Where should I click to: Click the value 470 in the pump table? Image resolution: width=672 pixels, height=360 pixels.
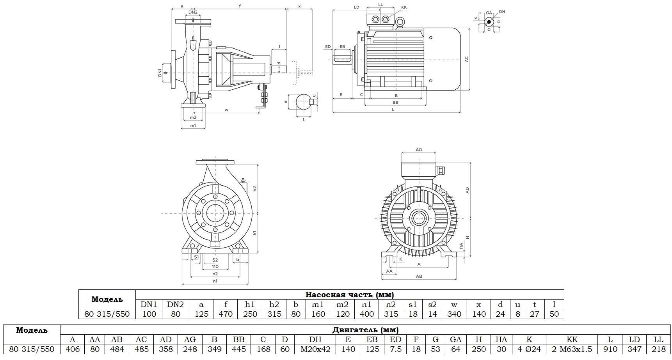point(226,314)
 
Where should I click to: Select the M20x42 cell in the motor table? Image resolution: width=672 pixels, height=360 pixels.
point(315,349)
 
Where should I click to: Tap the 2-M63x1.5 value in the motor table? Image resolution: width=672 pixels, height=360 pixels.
point(572,349)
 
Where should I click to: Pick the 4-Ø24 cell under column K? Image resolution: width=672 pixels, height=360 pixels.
point(529,349)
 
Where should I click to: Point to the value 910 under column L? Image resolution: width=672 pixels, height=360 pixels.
point(610,349)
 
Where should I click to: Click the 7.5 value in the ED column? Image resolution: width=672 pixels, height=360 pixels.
point(395,349)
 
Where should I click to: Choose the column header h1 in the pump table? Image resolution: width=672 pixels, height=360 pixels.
point(250,304)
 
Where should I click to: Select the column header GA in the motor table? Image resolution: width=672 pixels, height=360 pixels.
point(455,339)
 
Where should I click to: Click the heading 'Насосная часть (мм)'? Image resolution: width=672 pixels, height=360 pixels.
point(349,294)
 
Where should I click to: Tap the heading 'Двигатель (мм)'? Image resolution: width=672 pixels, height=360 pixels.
point(365,330)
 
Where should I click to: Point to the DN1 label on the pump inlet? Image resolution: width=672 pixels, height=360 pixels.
point(160,73)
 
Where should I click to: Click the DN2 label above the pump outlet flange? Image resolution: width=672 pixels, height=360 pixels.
point(193,12)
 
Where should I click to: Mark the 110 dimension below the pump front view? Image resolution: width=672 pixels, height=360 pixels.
point(215,267)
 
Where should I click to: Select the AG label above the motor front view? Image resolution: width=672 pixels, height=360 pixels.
point(419,150)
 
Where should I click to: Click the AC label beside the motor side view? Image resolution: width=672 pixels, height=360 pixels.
point(466,59)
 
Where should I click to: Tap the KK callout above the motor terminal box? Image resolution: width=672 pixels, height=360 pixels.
point(404,7)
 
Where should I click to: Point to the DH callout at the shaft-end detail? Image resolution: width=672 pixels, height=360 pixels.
point(502,12)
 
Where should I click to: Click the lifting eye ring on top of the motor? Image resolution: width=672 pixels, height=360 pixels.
point(400,23)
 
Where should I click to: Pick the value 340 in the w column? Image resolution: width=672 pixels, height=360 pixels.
point(454,314)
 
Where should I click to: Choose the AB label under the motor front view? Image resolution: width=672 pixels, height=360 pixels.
point(419,276)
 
